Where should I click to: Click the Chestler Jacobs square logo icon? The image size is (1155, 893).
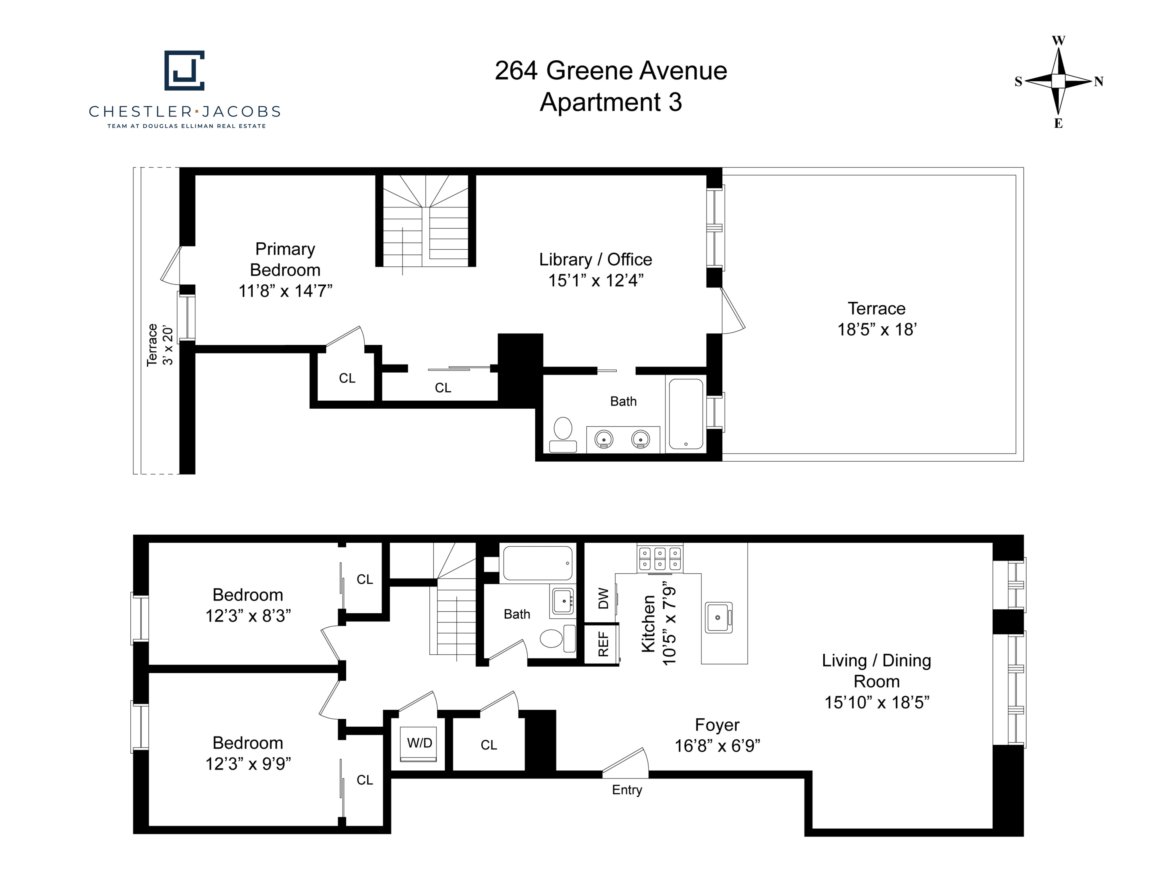tap(184, 70)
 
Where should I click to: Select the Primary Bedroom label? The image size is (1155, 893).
tap(285, 259)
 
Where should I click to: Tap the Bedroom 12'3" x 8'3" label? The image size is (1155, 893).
tap(248, 605)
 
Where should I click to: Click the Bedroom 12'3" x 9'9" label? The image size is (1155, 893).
tap(248, 753)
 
